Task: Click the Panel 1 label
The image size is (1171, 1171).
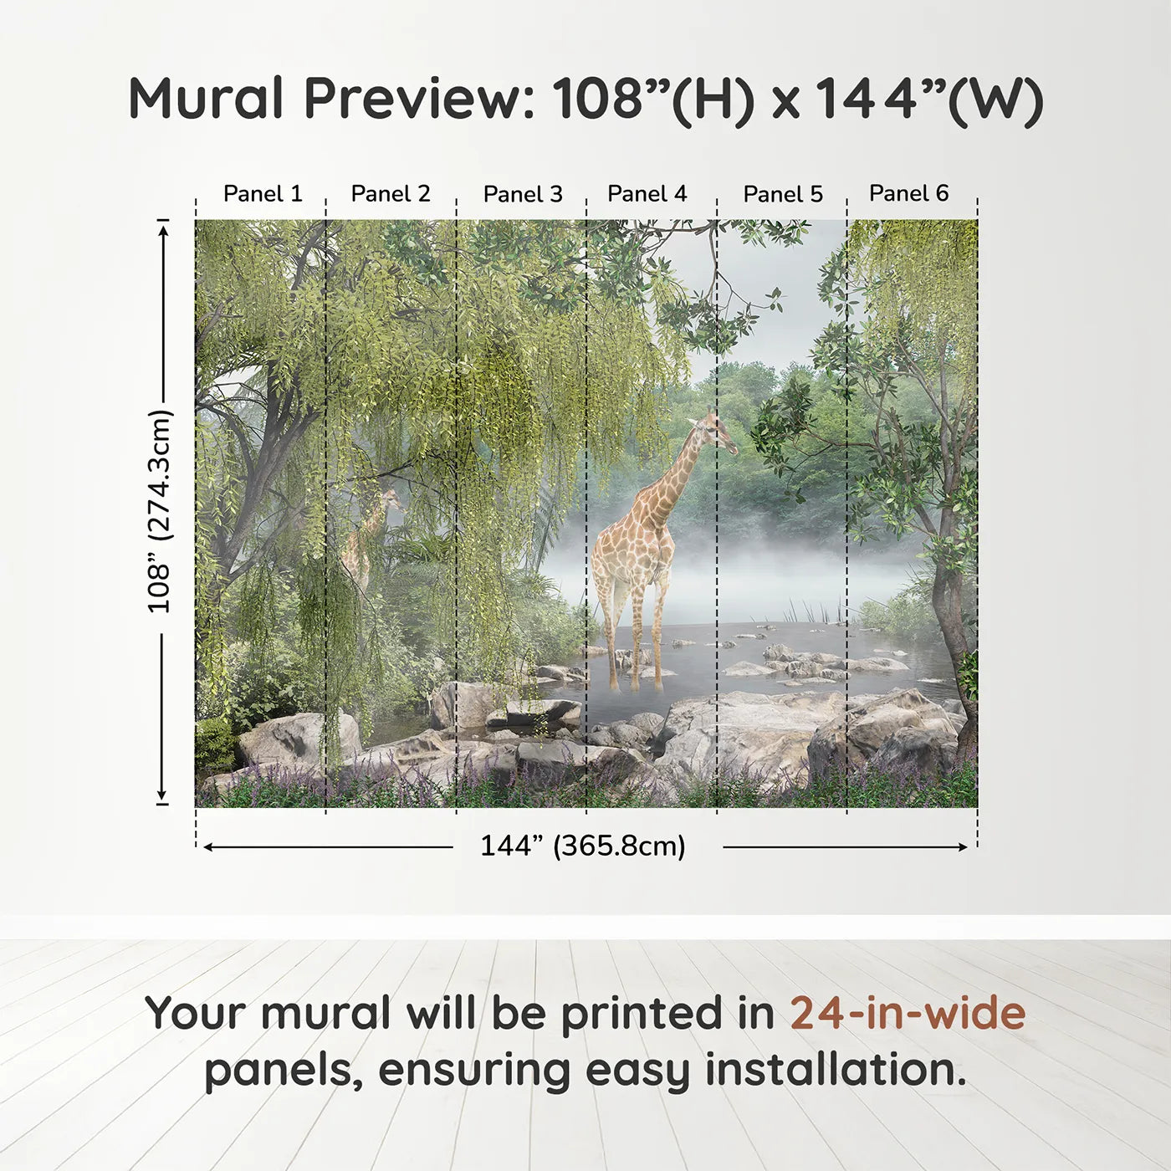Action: point(263,194)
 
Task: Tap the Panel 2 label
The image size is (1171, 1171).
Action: point(391,194)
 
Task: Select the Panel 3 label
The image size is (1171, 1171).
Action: point(523,194)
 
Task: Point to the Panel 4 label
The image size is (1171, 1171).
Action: point(647,194)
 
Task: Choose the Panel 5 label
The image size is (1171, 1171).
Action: point(783,194)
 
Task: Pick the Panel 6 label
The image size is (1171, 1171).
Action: point(908,193)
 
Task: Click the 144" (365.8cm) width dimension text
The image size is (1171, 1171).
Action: point(582,846)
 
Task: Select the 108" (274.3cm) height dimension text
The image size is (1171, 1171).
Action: point(159,511)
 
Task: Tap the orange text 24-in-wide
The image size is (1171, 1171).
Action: point(908,1013)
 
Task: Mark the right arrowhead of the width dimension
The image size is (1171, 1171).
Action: point(963,847)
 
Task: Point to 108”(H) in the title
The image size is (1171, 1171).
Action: point(652,99)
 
